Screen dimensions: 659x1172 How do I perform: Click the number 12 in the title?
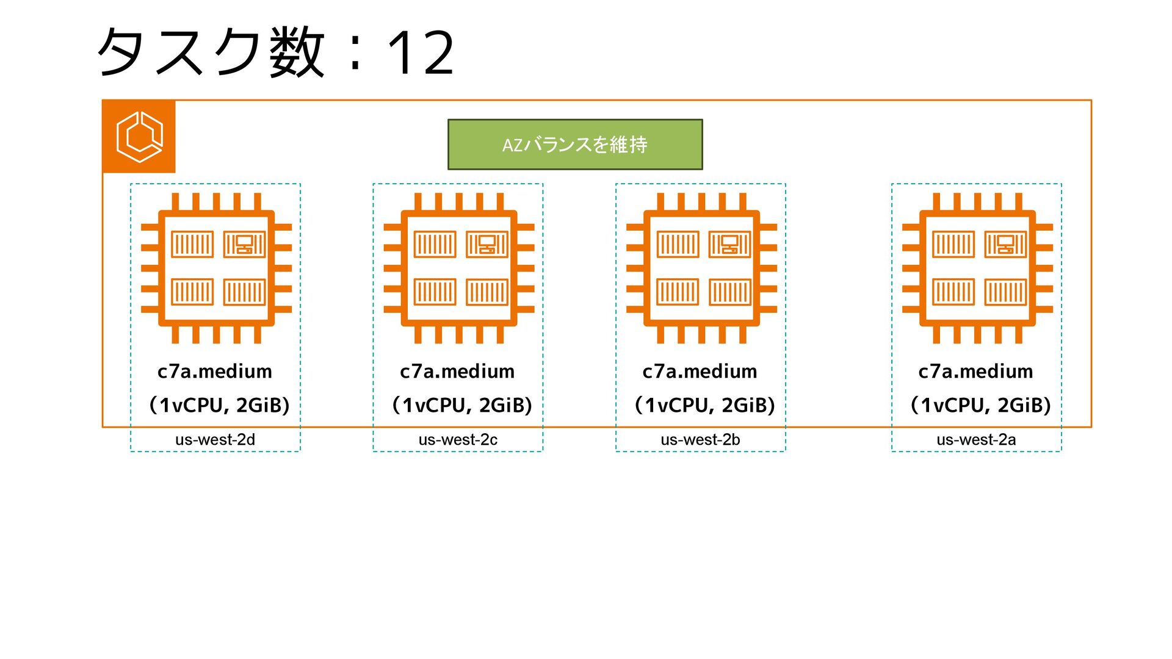coord(421,54)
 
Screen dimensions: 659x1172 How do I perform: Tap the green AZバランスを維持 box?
coord(575,145)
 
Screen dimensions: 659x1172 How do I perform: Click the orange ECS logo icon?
coord(139,137)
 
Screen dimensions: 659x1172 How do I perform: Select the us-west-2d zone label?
coord(215,439)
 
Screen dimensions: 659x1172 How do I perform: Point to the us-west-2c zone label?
coord(458,439)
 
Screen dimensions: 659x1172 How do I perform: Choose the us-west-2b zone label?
coord(700,439)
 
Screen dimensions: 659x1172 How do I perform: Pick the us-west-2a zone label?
coord(976,439)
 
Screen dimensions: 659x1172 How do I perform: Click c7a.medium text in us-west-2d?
coord(215,371)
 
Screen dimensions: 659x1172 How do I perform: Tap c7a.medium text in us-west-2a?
coord(975,371)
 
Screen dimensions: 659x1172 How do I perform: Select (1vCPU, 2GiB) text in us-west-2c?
coord(461,405)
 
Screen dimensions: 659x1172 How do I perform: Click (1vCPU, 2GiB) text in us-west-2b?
coord(704,405)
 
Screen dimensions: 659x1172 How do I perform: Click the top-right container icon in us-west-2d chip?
coord(244,245)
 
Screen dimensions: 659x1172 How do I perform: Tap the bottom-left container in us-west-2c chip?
coord(435,292)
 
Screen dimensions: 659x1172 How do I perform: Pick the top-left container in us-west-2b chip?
coord(678,245)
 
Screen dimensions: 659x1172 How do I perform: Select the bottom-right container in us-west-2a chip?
coord(1005,292)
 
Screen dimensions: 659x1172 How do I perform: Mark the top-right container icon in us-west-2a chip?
coord(1005,245)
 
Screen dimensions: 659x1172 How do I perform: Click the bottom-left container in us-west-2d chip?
coord(192,292)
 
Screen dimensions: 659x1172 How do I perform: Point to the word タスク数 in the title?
coord(211,54)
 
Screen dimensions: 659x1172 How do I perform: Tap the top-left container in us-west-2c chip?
coord(435,245)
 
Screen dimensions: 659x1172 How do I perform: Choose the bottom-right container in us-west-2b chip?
coord(729,292)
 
